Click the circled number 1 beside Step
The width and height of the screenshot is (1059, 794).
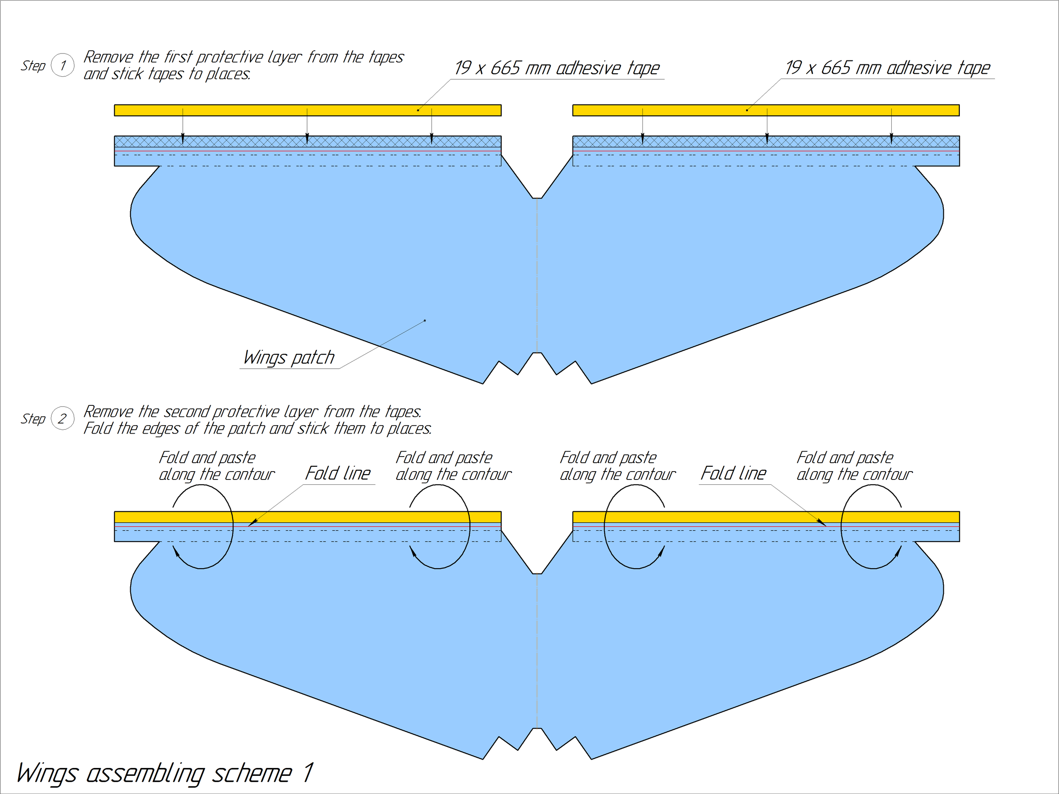coord(63,65)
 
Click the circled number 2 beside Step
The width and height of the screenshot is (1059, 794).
coord(63,418)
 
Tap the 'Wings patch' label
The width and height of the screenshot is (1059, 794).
coord(289,357)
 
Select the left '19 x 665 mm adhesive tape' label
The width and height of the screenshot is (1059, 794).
coord(557,68)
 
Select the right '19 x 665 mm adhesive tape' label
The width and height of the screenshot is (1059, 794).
coord(887,67)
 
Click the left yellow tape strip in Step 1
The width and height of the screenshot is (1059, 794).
coord(308,110)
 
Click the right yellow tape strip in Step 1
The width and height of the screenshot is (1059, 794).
coord(766,110)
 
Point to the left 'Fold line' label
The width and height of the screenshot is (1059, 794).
coord(338,473)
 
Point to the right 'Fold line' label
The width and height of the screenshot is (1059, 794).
coord(733,473)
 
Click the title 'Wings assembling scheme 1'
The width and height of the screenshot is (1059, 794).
coord(165,773)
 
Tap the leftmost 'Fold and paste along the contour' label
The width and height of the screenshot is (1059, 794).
coord(216,466)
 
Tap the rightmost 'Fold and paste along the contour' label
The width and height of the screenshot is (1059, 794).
coord(855,466)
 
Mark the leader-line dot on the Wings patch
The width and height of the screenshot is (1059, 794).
coord(425,321)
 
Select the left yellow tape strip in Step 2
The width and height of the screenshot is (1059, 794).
coord(308,517)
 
